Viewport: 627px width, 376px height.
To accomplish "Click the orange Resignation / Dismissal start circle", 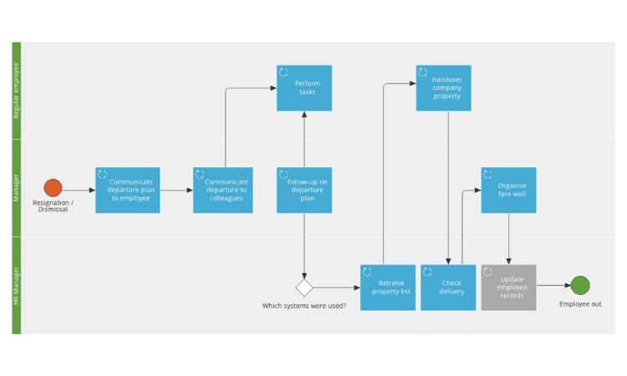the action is pos(53,188).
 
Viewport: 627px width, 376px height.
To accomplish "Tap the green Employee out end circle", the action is pos(580,285).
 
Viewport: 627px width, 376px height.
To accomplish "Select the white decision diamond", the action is pos(304,287).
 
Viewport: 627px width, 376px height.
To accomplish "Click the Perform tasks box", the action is pos(304,88).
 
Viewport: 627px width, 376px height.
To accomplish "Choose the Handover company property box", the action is pos(443,88).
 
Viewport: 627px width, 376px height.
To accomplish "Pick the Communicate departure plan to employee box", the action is pos(128,191).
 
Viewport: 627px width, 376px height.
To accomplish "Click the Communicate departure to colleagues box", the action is pos(222,191).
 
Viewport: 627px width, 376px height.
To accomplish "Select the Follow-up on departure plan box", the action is pos(304,191).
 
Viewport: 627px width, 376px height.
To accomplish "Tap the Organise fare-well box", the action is pos(508,191).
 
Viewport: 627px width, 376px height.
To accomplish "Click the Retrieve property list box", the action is pos(388,287).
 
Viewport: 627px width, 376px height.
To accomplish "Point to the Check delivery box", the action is pos(448,287).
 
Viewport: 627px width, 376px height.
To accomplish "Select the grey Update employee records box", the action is pos(508,287).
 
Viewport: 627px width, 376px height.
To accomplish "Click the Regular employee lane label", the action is pos(16,91).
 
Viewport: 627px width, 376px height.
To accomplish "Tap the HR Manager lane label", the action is pos(16,286).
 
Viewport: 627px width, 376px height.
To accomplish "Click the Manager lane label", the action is pos(16,188).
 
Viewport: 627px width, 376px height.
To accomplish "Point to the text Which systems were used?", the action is pos(304,306).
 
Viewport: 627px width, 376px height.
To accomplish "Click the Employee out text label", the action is pos(580,304).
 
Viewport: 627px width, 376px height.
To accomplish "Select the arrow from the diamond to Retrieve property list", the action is pos(337,287).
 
